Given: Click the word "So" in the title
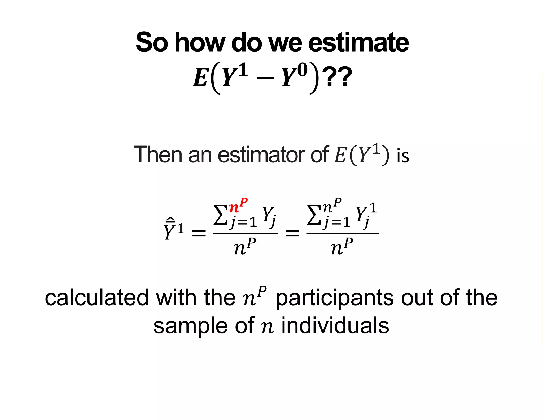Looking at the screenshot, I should (x=152, y=42).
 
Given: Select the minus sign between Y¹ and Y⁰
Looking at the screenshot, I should (x=265, y=78).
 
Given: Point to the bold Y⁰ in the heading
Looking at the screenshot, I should (x=294, y=76).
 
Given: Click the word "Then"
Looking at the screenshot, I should (x=158, y=155).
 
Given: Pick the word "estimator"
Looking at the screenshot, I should (x=261, y=155).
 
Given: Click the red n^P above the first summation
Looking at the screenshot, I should (x=238, y=205).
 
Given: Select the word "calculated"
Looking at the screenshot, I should (x=97, y=298).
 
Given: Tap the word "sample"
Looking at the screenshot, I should (x=190, y=326).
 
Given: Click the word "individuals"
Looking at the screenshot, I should (x=335, y=326).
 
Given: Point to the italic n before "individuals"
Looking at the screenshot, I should (x=267, y=327).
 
